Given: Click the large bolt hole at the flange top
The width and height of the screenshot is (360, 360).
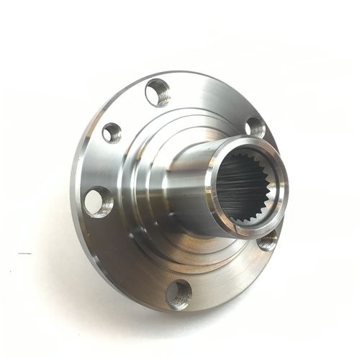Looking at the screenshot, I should pos(157,92).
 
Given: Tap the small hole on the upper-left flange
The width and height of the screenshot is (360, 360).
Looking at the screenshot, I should pos(112,132).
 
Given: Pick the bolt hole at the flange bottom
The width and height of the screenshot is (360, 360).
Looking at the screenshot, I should pos(177,293).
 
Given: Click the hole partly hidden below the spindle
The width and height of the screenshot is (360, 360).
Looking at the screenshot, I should pos(266,240).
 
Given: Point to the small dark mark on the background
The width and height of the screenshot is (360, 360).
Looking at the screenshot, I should pos(24,253).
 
